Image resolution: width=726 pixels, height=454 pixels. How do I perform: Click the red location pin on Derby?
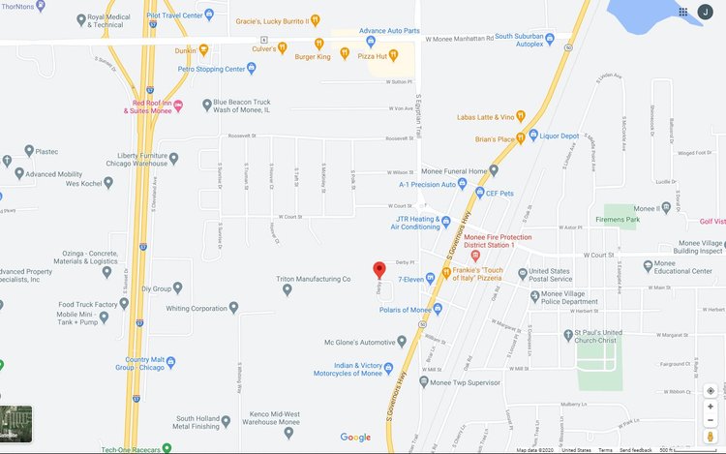point(379,270)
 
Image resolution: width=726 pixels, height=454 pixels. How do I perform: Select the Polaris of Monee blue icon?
point(438,309)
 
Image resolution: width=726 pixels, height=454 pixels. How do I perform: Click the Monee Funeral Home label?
point(451,171)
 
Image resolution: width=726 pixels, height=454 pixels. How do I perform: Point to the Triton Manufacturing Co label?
point(314,279)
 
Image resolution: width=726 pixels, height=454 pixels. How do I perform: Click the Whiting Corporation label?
point(197,309)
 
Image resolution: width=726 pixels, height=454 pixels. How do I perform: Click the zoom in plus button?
point(711,407)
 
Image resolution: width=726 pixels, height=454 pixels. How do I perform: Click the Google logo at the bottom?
point(355,438)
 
